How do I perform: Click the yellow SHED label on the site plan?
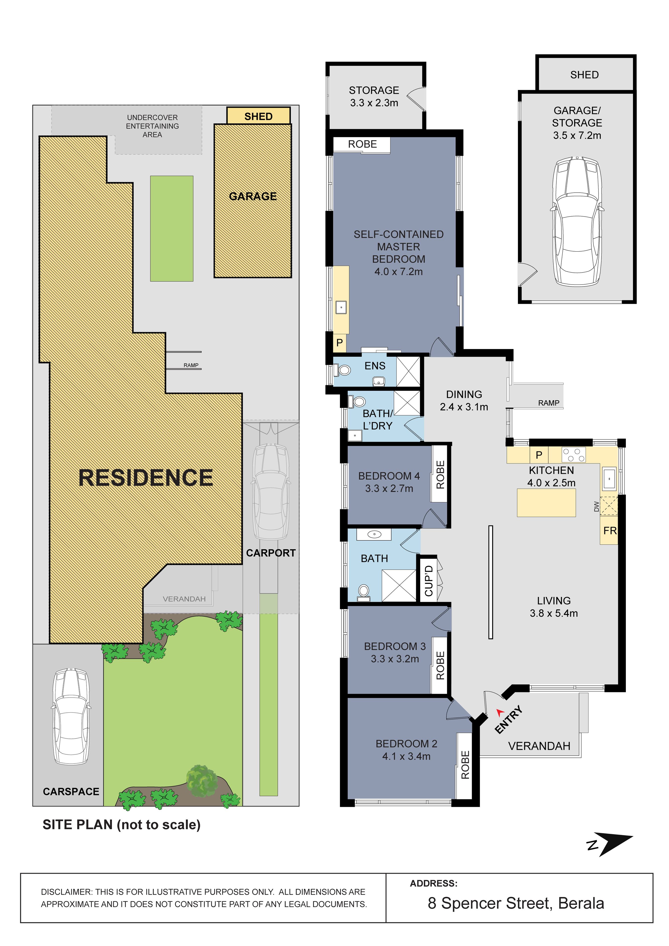click(258, 116)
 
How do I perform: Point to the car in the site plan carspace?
click(71, 716)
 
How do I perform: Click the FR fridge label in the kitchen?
click(610, 531)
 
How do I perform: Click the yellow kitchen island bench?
click(546, 503)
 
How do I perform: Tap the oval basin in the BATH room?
click(374, 534)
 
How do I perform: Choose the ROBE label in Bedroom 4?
click(440, 475)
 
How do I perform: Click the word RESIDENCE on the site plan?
click(145, 478)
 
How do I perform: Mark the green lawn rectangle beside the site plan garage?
click(172, 229)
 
